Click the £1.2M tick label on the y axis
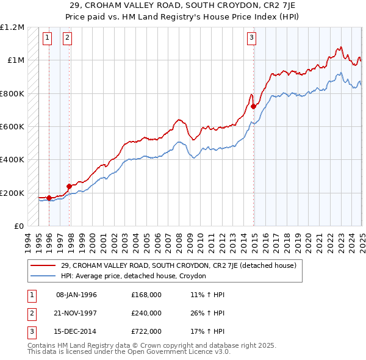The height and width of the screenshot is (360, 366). [12, 27]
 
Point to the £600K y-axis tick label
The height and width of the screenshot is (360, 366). [12, 127]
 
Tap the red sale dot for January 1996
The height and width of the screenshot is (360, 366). [49, 198]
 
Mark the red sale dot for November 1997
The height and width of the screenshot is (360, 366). [69, 186]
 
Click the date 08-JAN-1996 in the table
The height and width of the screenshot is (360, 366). [76, 295]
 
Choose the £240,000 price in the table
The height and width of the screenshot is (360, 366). [146, 313]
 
